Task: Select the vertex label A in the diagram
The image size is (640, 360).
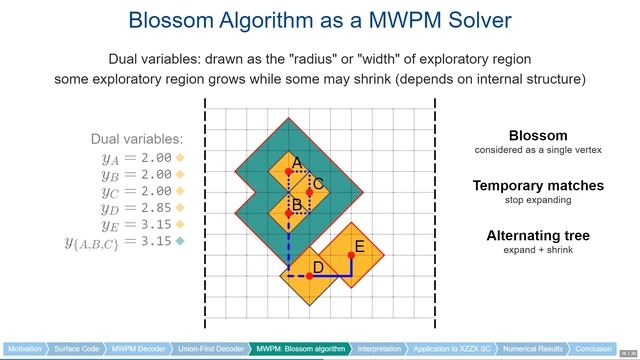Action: coord(297,162)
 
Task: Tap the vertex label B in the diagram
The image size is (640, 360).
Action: coord(297,204)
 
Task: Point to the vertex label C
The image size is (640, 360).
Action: coord(318,184)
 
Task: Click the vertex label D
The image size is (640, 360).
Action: coord(318,267)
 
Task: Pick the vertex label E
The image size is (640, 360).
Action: coord(359,247)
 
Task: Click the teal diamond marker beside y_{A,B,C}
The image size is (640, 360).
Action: coord(180,241)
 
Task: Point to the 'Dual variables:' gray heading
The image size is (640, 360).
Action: coord(138,139)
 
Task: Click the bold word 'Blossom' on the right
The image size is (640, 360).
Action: coord(537,136)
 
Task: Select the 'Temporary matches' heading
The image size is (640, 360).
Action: coord(537,186)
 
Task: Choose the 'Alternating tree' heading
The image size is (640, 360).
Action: coord(537,235)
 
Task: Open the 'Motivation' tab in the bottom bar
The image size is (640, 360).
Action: coord(25,349)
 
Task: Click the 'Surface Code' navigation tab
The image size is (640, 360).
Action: coord(77,349)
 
